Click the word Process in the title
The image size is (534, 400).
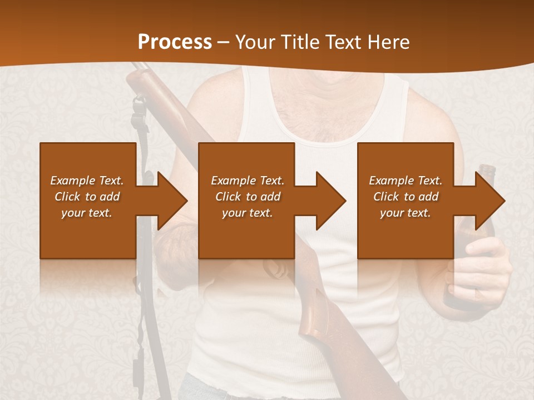[175, 42]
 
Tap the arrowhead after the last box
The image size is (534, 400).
[489, 201]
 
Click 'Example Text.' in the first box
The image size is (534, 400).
[87, 181]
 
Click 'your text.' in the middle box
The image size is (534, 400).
[247, 213]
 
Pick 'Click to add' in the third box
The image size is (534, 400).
[406, 197]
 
